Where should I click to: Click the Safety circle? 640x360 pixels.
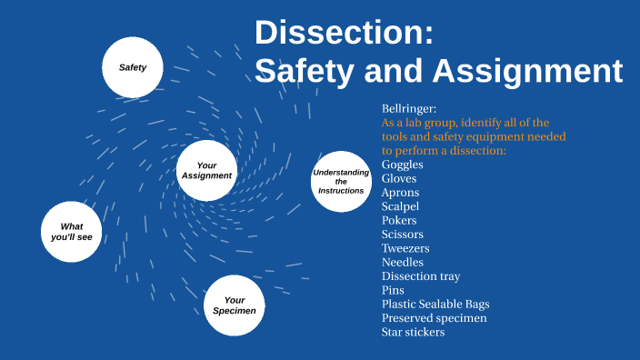133,67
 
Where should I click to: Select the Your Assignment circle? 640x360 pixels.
206,171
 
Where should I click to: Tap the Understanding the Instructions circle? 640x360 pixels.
341,182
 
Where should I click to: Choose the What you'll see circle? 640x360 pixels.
72,231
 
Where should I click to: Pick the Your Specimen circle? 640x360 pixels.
234,305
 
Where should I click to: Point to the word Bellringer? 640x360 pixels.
409,108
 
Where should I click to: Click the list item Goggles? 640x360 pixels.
403,165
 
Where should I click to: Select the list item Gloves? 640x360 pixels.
399,178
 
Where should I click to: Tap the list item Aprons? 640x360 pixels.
401,193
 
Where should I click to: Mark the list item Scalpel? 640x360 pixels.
401,206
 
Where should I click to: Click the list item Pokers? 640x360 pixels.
399,220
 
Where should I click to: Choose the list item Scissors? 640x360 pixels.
403,235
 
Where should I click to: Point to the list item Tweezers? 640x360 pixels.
405,248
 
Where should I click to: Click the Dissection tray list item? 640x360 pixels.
421,276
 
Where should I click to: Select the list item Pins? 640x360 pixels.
393,290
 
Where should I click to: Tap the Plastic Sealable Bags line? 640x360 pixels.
439,305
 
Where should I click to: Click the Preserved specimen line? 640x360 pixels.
435,318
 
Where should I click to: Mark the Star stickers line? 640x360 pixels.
414,332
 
